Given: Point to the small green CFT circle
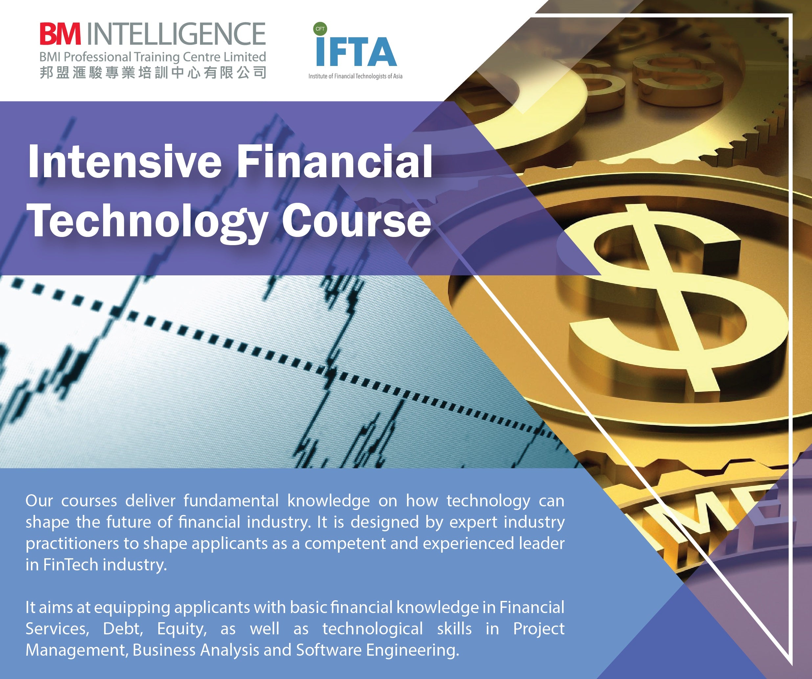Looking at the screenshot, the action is pyautogui.click(x=320, y=29).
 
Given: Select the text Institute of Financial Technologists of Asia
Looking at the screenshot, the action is pyautogui.click(x=355, y=76).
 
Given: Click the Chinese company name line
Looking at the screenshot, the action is pyautogui.click(x=153, y=72).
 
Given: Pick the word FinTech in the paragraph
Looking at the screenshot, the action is pyautogui.click(x=70, y=565).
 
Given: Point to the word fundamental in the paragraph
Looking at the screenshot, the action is pyautogui.click(x=231, y=501).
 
